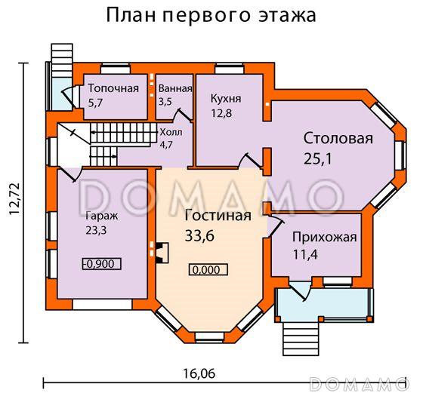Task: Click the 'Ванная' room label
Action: point(175,88)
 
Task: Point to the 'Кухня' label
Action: point(227,98)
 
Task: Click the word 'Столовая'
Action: point(338,139)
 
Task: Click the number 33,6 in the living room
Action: point(200,235)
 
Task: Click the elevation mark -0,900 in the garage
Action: point(100,264)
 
